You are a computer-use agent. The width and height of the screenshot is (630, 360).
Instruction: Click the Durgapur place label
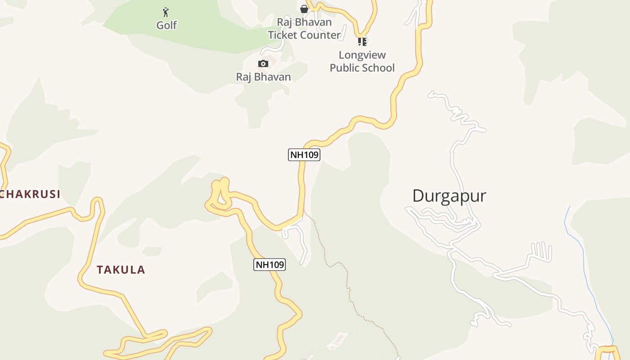point(449,196)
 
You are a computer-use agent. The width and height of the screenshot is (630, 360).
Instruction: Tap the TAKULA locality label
point(121,270)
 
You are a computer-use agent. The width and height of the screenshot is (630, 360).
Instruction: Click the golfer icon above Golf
point(166,12)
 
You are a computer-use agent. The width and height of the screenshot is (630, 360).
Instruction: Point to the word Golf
point(166,26)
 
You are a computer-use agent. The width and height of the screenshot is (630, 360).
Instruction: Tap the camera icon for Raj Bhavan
point(263,64)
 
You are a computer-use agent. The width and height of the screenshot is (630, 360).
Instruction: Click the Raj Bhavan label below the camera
point(263,77)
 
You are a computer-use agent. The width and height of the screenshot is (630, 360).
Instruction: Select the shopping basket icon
point(304,9)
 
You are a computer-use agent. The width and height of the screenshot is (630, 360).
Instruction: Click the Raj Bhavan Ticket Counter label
point(304,28)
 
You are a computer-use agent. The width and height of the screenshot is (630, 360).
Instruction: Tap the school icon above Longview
point(362,42)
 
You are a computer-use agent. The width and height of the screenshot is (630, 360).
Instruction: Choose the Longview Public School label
point(362,62)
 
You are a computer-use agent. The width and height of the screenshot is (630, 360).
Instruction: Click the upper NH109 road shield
point(304,155)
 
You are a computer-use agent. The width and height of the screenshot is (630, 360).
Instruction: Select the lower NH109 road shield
point(270,265)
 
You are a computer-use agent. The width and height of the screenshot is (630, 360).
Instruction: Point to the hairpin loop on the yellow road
point(220,196)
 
